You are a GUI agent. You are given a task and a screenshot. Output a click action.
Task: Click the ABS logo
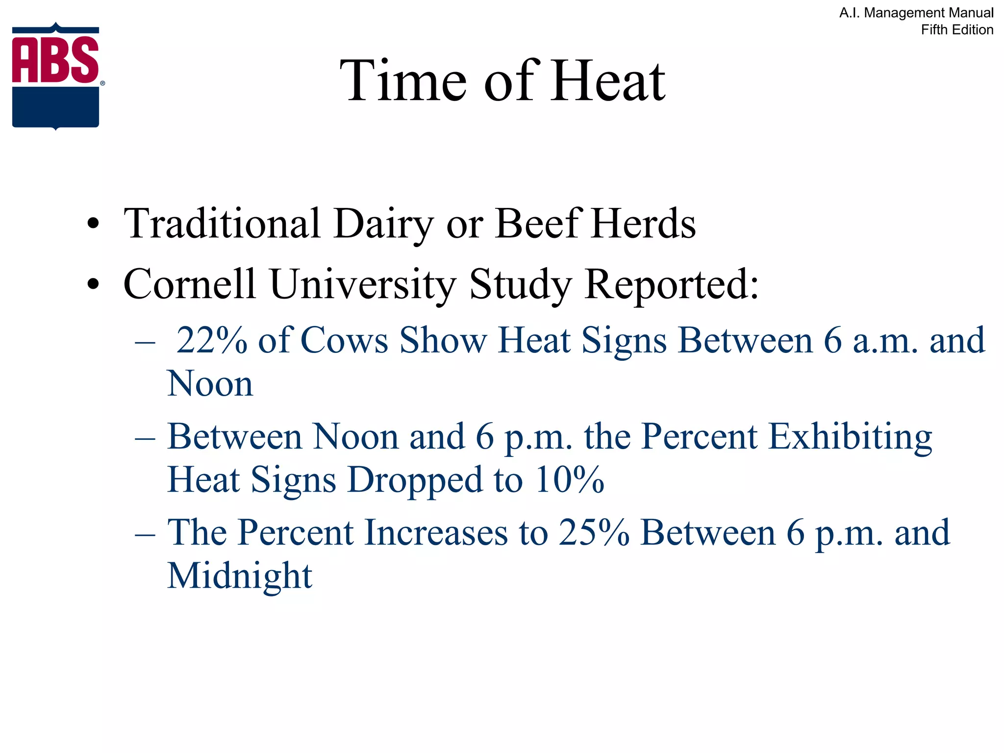click(x=56, y=76)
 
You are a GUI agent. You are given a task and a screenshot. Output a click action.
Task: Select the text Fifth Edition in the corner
click(x=957, y=30)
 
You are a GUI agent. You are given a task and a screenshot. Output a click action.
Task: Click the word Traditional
click(x=222, y=224)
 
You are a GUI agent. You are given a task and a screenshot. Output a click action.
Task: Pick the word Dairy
click(x=383, y=225)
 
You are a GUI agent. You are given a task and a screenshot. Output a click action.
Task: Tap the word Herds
click(x=644, y=224)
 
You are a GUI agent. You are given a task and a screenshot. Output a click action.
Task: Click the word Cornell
click(x=190, y=284)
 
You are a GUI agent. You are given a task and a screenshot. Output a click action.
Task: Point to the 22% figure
click(x=212, y=340)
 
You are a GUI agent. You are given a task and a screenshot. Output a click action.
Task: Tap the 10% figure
click(x=570, y=479)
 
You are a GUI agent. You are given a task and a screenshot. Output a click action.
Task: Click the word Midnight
click(x=240, y=576)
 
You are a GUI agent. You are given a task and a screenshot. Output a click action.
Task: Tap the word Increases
click(x=436, y=532)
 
